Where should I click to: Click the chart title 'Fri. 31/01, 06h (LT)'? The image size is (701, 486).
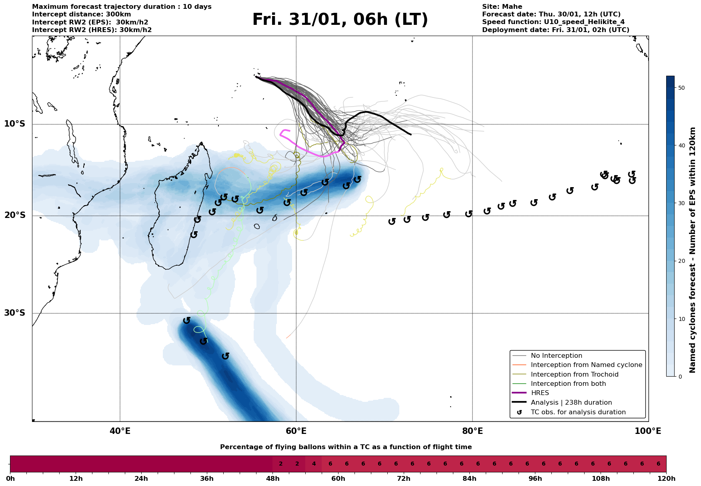pos(340,20)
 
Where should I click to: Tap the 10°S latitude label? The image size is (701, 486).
pos(15,124)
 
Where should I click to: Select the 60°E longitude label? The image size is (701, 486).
pos(296,432)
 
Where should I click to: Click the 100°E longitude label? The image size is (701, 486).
pos(648,432)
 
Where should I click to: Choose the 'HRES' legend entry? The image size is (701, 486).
pos(540,393)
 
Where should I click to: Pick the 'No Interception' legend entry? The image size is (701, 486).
pos(556,356)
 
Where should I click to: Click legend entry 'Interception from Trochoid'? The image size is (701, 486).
pos(574,375)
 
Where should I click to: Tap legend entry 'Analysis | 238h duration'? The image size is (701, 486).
pos(571,403)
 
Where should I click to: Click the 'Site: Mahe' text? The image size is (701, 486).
pos(502,7)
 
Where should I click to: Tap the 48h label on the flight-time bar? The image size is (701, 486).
pos(272,479)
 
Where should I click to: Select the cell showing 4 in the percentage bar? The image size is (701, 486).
pos(314,464)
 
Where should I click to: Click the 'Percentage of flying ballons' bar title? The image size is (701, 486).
pos(346,447)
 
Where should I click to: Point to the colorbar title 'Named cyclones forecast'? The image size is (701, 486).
pos(693,250)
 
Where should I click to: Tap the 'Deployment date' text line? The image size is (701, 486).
pos(555,30)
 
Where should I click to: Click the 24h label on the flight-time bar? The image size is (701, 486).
pos(141,479)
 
